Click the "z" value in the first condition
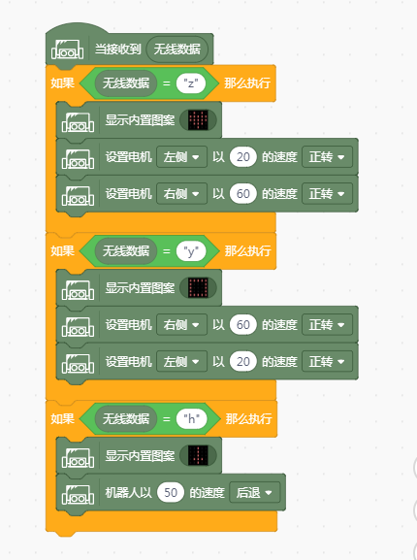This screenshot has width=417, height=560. [x=191, y=83]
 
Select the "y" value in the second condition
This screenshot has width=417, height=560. [x=191, y=251]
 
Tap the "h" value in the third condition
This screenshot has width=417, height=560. [x=192, y=418]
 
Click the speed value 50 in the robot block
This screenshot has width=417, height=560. [x=171, y=492]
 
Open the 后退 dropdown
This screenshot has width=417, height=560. [x=255, y=492]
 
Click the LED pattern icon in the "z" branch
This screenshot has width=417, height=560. [x=199, y=120]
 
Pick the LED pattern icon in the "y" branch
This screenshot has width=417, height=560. [x=199, y=288]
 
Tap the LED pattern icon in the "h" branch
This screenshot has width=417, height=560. [x=199, y=455]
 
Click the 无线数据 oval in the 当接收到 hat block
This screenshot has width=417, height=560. [x=176, y=49]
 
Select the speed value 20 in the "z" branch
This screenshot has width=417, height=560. [x=242, y=157]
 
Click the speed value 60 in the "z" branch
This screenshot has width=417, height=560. [x=242, y=193]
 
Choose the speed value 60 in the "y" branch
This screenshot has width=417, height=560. [x=242, y=324]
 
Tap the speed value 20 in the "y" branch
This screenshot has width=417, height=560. [x=242, y=361]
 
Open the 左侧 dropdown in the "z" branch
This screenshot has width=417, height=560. [x=181, y=157]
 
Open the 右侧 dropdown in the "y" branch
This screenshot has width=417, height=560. [x=181, y=324]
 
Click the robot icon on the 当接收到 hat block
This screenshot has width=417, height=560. [x=68, y=49]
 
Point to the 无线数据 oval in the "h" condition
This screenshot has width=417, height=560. [x=125, y=418]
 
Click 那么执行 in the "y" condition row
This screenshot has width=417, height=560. [x=247, y=250]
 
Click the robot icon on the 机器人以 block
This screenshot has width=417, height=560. [x=78, y=494]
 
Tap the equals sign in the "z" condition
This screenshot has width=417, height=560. [x=166, y=83]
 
